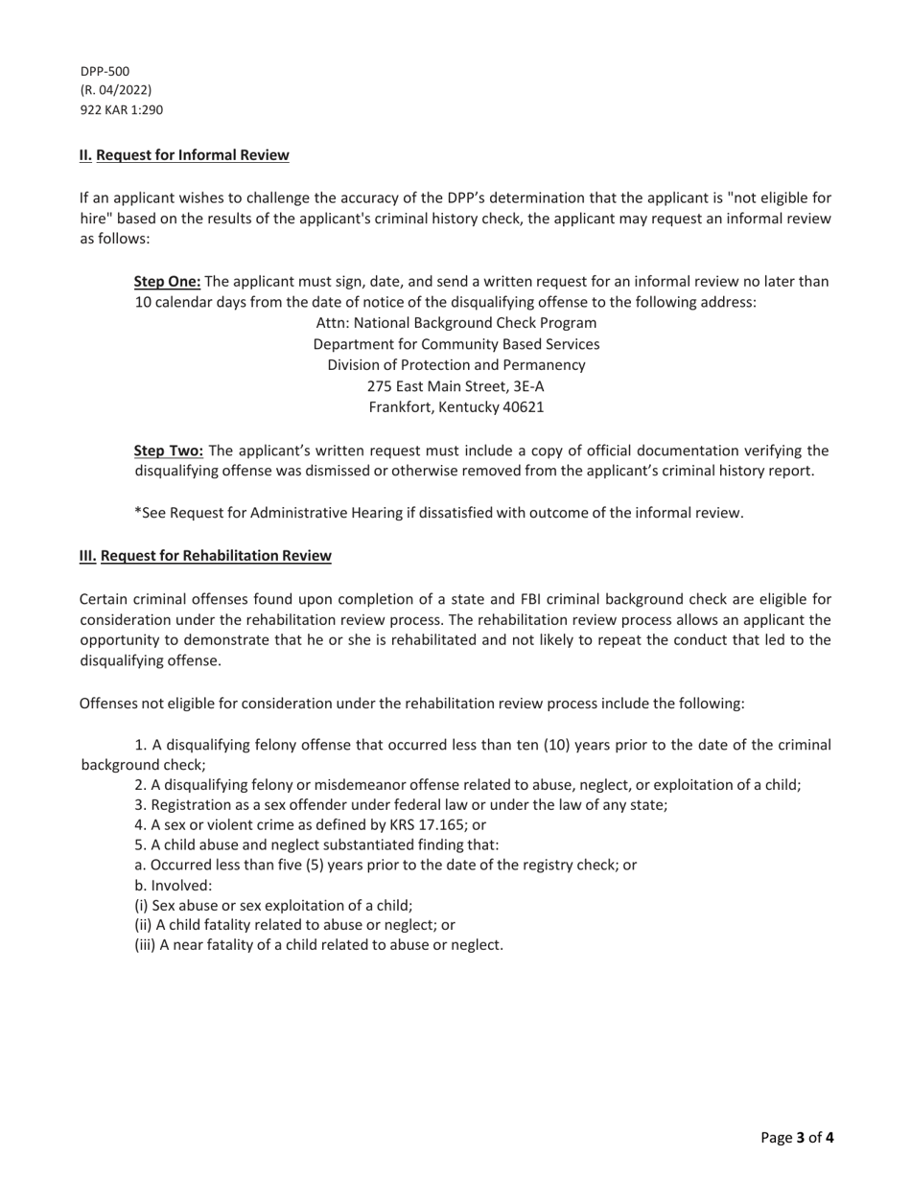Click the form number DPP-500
pos(105,71)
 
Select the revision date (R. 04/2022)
pos(115,90)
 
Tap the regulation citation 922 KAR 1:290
pos(121,109)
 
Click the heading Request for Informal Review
pos(192,155)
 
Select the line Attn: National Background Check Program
pos(455,323)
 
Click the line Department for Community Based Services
pos(455,344)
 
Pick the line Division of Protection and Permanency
pos(455,365)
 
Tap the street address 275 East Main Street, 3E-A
pos(455,386)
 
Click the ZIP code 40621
pos(523,407)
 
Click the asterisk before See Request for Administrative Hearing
pos(137,512)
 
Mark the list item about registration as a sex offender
pos(401,804)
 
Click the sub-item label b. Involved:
pos(173,885)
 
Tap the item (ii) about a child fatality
pos(294,925)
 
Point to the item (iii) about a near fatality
pos(318,945)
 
